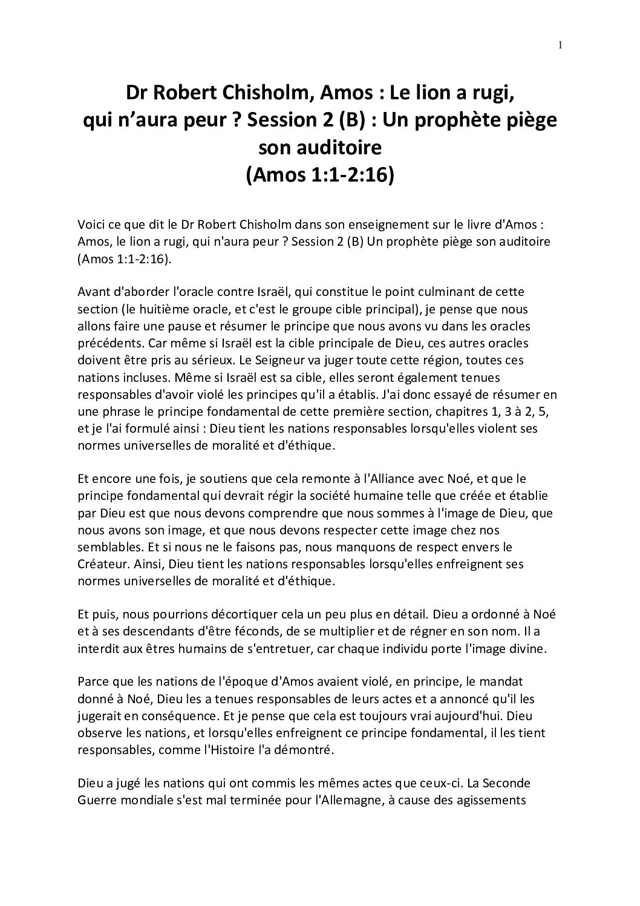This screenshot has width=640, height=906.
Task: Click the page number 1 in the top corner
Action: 561,45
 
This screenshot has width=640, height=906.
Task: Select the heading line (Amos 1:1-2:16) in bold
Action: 320,174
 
